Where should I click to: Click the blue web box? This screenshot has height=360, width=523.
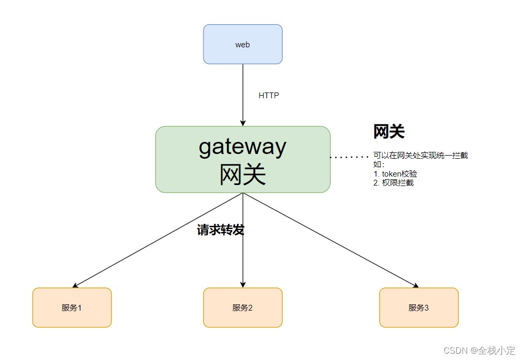(243, 44)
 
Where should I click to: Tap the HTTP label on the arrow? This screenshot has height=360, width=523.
(269, 96)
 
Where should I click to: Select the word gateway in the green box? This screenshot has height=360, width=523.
(242, 146)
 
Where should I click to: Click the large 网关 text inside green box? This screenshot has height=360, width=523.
(242, 174)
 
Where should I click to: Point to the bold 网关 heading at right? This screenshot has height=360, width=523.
(388, 131)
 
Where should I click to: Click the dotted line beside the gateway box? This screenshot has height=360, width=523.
(349, 157)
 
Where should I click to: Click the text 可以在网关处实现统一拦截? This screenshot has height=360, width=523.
(420, 156)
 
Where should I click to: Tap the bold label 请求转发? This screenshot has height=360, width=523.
(221, 230)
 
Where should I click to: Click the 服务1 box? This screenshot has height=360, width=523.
(72, 307)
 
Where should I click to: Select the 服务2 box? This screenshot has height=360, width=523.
(243, 307)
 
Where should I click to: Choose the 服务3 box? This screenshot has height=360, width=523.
(419, 307)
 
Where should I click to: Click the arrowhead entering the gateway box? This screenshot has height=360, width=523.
(243, 123)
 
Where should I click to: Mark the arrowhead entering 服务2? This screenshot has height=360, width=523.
(243, 284)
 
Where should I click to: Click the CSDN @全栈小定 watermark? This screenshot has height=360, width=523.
(479, 350)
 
